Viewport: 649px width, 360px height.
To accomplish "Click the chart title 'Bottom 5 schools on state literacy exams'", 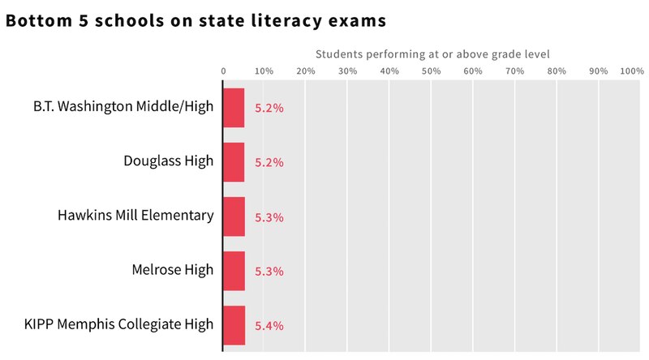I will pyautogui.click(x=196, y=21).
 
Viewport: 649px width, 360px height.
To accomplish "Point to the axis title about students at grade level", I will pyautogui.click(x=432, y=54).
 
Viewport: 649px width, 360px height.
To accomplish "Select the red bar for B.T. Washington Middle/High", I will pyautogui.click(x=234, y=108).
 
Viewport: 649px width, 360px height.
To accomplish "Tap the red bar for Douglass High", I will pyautogui.click(x=234, y=162).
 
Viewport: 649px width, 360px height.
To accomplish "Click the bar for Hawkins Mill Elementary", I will pyautogui.click(x=234, y=216).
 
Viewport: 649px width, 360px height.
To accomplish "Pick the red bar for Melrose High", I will pyautogui.click(x=234, y=271).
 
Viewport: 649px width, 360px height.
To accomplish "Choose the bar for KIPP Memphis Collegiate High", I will pyautogui.click(x=234, y=325).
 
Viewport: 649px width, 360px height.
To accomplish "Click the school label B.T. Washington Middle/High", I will pyautogui.click(x=123, y=107).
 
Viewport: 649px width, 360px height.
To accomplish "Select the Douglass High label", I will pyautogui.click(x=169, y=161).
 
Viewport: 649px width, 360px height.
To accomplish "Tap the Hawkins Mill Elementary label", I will pyautogui.click(x=135, y=215).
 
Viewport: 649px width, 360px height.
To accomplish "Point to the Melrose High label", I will pyautogui.click(x=173, y=269).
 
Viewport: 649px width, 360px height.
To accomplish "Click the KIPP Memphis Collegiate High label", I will pyautogui.click(x=119, y=324).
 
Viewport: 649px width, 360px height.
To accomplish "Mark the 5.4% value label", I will pyautogui.click(x=269, y=326).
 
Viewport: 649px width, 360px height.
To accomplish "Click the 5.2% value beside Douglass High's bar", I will pyautogui.click(x=269, y=163).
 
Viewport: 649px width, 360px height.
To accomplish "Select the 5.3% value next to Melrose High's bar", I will pyautogui.click(x=269, y=272).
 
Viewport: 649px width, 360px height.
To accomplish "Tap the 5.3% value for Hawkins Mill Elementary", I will pyautogui.click(x=269, y=217).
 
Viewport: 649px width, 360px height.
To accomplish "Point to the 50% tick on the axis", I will pyautogui.click(x=431, y=71).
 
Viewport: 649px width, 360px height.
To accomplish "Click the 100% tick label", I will pyautogui.click(x=631, y=71).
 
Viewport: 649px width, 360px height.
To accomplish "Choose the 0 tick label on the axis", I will pyautogui.click(x=224, y=71).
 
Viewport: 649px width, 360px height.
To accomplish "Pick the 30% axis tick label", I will pyautogui.click(x=347, y=71).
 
